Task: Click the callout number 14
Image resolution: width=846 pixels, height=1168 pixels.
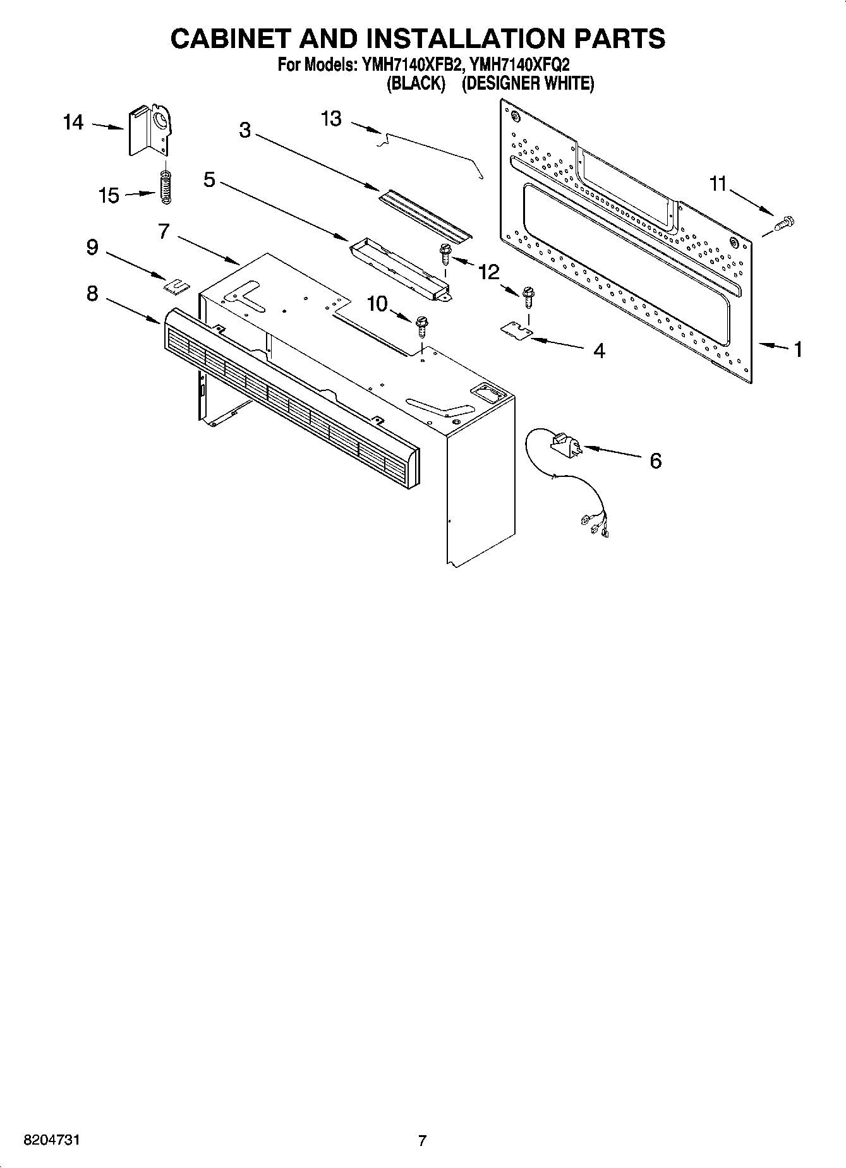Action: (x=73, y=123)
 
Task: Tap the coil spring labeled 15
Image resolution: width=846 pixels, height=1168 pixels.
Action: (x=166, y=188)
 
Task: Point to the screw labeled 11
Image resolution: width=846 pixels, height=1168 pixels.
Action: (x=784, y=223)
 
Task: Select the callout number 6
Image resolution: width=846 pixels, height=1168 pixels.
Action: (x=655, y=461)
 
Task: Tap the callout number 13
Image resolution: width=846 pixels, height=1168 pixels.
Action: (x=331, y=118)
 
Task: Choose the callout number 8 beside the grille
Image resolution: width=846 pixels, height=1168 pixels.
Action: (x=92, y=294)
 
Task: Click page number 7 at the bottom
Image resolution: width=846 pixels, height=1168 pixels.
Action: (x=422, y=1141)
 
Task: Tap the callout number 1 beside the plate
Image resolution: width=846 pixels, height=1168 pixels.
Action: (x=798, y=349)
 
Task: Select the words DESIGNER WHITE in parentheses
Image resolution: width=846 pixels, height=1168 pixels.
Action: (x=528, y=84)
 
